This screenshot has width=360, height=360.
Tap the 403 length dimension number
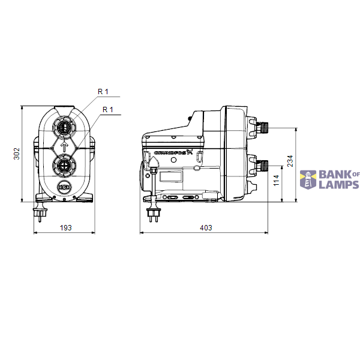pyautogui.click(x=205, y=227)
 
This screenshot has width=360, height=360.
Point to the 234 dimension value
pyautogui.click(x=290, y=161)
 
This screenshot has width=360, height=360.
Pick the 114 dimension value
pyautogui.click(x=276, y=181)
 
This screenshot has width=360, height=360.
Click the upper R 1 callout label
pyautogui.click(x=103, y=91)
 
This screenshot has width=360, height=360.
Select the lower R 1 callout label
pyautogui.click(x=108, y=109)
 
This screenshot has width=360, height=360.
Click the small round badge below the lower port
pyautogui.click(x=64, y=187)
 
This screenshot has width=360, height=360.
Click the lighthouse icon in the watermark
pyautogui.click(x=308, y=179)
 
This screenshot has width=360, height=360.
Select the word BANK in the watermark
pyautogui.click(x=334, y=174)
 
